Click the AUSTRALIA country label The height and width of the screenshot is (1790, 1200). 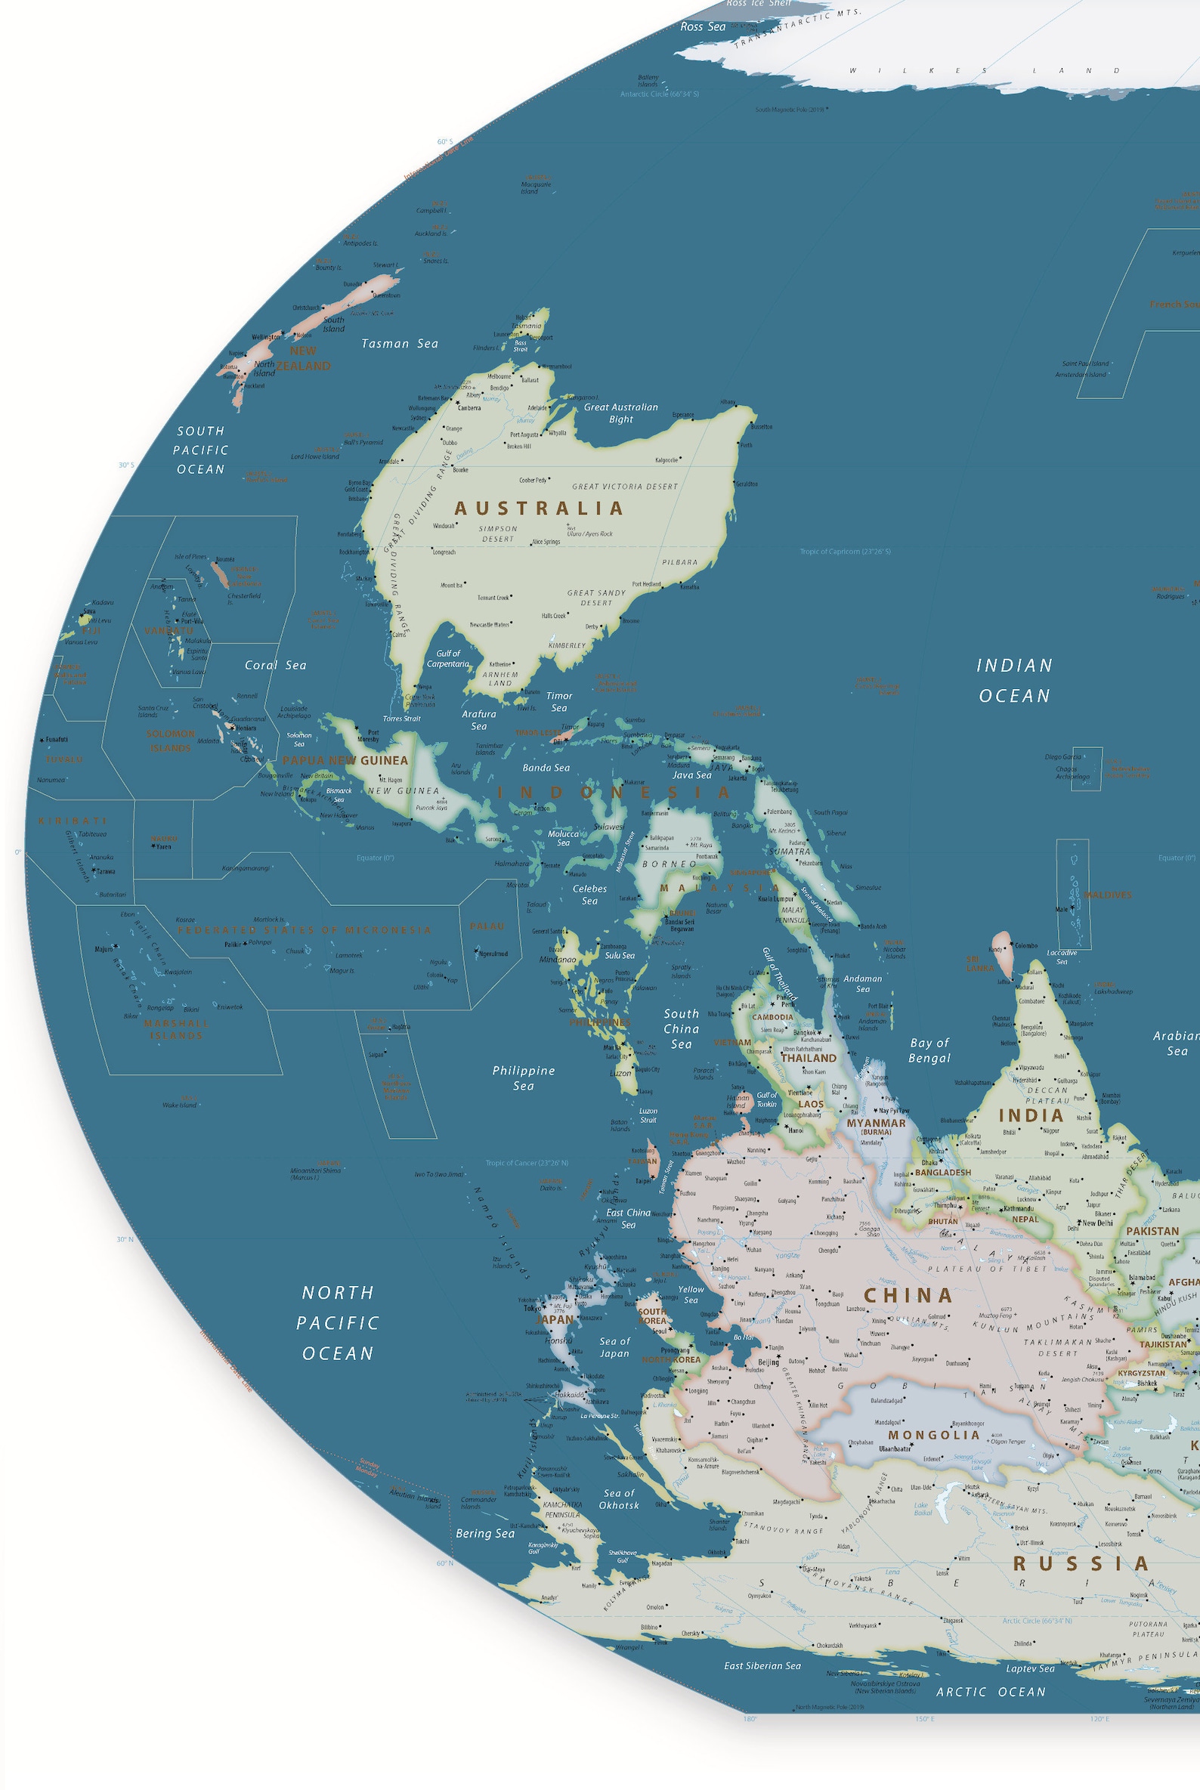click(x=539, y=509)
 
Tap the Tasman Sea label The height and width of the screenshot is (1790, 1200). click(x=400, y=344)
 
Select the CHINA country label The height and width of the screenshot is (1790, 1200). click(x=908, y=1295)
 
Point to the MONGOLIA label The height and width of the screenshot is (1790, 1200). click(x=934, y=1435)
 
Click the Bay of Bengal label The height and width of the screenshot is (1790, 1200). click(x=929, y=1050)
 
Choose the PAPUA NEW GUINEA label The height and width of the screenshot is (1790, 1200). click(x=345, y=760)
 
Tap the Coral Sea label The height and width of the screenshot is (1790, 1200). click(x=276, y=665)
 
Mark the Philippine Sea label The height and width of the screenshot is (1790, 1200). click(x=524, y=1077)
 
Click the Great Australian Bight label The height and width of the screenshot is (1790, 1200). click(x=620, y=413)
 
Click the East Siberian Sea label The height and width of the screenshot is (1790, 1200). click(x=762, y=1687)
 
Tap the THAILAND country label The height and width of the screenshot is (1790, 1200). click(x=808, y=1058)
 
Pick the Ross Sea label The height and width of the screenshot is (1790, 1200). click(x=703, y=26)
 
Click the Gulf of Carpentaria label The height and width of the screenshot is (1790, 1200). click(x=448, y=658)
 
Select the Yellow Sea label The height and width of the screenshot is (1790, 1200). click(x=691, y=1294)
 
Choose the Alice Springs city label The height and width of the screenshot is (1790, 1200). click(x=546, y=542)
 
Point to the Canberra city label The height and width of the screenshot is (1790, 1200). click(x=469, y=408)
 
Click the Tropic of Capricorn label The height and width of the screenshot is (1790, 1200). click(x=845, y=551)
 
